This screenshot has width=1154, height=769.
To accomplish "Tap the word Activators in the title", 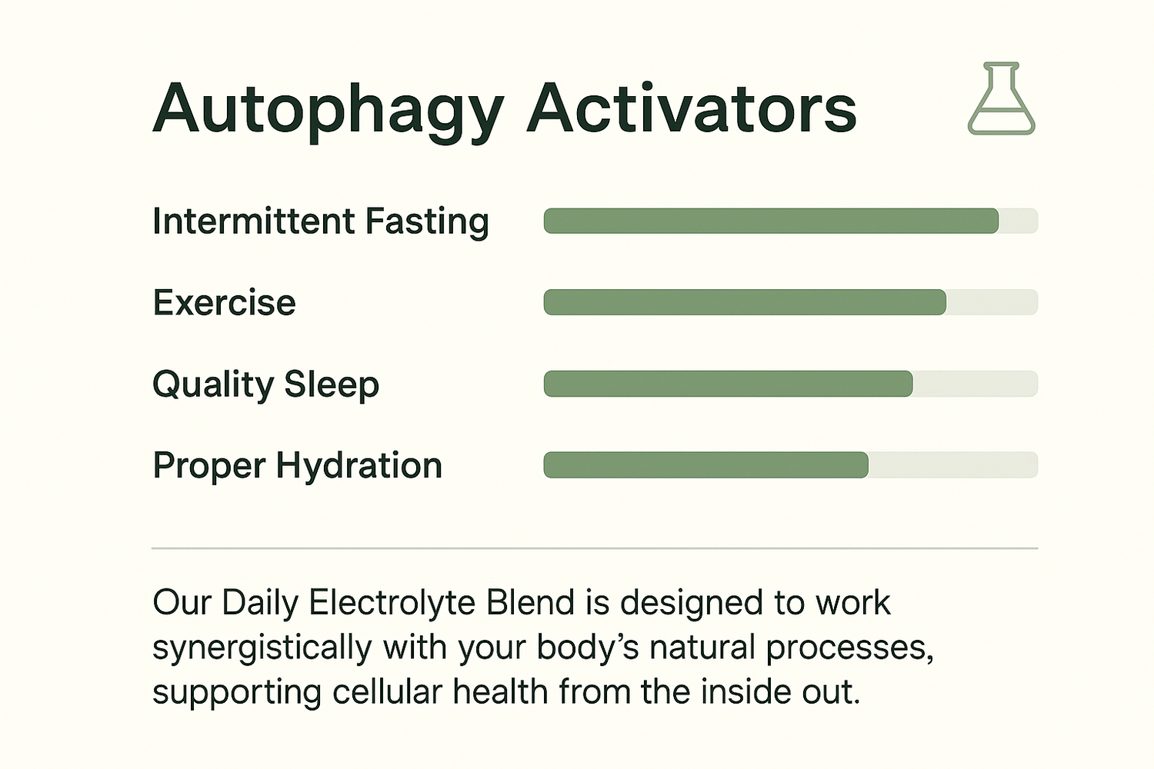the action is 692,108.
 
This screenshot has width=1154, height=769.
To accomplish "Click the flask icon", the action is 1002,98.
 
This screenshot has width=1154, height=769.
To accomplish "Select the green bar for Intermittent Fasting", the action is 771,221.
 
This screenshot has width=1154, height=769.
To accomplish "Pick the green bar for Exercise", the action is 745,301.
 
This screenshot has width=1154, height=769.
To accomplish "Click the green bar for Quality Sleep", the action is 729,383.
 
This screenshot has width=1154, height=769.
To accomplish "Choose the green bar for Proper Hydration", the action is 705,464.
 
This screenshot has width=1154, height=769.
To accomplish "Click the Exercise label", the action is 225,302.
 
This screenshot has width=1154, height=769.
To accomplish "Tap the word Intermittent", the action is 254,221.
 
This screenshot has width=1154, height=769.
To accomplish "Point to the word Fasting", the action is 427,223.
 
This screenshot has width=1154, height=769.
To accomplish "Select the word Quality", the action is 213,385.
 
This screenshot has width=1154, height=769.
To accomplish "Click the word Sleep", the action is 332,385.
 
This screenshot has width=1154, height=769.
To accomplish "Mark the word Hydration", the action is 359,465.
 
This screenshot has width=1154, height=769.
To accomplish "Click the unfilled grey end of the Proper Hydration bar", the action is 953,464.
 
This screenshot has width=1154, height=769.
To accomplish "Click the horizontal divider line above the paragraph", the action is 595,548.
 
